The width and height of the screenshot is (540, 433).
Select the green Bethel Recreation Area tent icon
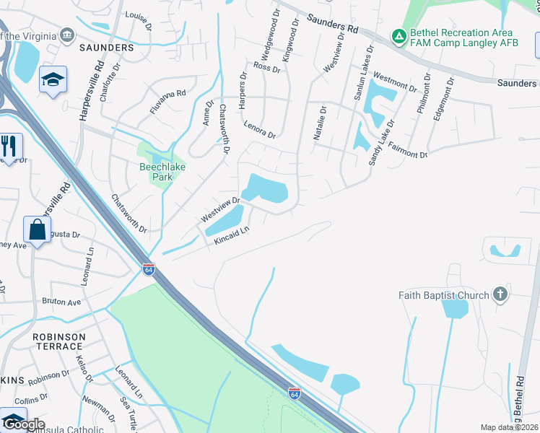[398, 35]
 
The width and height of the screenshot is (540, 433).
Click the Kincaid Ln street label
[231, 236]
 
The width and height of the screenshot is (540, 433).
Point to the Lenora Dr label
[260, 130]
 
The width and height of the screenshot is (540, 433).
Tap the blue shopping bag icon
[36, 230]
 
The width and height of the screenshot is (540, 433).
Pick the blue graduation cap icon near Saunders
[53, 80]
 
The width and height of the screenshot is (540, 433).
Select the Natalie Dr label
[321, 123]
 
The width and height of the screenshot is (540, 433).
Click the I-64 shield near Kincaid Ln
[148, 269]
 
